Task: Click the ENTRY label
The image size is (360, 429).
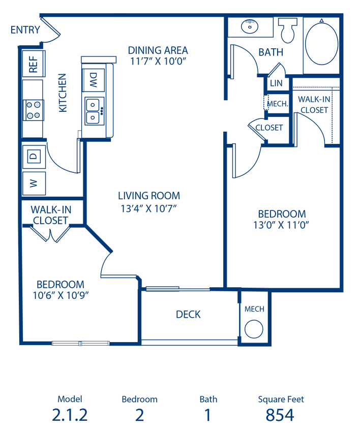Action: (x=25, y=30)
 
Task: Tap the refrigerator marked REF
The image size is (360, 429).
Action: (x=33, y=64)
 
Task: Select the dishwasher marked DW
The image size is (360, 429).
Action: (x=94, y=80)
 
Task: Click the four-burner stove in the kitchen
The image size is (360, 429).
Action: (x=34, y=110)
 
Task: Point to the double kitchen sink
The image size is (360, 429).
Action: (x=95, y=111)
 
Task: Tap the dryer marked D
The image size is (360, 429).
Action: (x=34, y=157)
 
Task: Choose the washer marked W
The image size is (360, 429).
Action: (x=34, y=183)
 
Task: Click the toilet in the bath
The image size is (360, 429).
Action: (x=288, y=30)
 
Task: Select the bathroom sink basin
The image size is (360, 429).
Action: (x=250, y=26)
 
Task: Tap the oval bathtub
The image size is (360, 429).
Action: (x=322, y=42)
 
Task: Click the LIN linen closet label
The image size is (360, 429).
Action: (x=276, y=83)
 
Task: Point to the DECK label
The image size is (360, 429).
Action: (x=188, y=314)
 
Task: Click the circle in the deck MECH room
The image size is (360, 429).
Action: (x=254, y=329)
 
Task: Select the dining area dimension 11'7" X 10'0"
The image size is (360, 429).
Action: (x=158, y=61)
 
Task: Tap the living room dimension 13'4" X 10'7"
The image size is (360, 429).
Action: (x=148, y=209)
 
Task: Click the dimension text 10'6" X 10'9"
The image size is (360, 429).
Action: (x=61, y=295)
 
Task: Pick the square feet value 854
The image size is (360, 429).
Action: (x=280, y=415)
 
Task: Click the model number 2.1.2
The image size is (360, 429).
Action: (x=70, y=415)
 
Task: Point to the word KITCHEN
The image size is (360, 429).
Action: (x=63, y=93)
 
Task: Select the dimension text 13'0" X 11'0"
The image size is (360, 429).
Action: (x=281, y=225)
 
